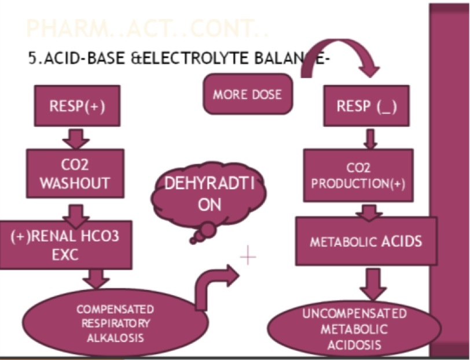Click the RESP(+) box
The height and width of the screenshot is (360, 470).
coord(76,106)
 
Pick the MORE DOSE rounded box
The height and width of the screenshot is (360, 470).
coord(247,95)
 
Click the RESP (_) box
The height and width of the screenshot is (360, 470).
coord(366,106)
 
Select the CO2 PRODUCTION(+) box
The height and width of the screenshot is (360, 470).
coord(358,175)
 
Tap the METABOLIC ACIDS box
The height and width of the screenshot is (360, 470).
coord(365,241)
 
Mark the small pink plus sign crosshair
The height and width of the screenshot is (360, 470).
coord(248,256)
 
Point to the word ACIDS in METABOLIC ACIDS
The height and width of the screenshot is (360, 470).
coord(401,241)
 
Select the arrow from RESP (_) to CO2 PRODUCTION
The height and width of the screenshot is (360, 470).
coord(369,138)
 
